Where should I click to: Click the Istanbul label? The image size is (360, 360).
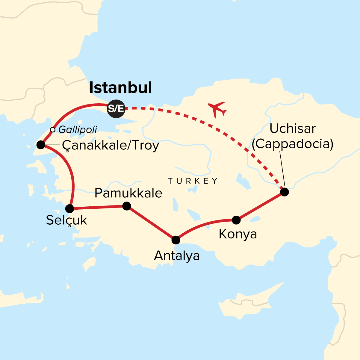[x=120, y=87]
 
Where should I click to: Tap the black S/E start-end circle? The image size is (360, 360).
[x=116, y=108]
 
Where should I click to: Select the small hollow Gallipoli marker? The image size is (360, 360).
[x=53, y=130]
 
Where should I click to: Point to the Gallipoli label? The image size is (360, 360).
[x=78, y=129]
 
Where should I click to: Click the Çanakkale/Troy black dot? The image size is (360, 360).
[x=41, y=145]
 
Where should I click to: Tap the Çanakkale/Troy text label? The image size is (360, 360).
[x=111, y=146]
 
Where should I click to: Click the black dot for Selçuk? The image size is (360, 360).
[x=69, y=208]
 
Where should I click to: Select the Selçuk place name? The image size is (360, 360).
[x=66, y=220]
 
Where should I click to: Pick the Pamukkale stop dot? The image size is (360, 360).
[x=127, y=206]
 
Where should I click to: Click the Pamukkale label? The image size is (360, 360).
[x=128, y=193]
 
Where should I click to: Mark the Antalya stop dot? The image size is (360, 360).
[x=176, y=240]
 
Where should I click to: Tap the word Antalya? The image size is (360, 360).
[x=177, y=256]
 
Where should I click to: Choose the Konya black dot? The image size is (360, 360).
[x=236, y=220]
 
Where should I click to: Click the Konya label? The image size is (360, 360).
[x=238, y=234]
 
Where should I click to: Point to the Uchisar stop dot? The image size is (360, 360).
[x=284, y=192]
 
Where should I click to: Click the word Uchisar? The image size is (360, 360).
[x=292, y=129]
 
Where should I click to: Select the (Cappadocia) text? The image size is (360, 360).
[x=292, y=144]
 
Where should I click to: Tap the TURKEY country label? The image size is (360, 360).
[x=193, y=181]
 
